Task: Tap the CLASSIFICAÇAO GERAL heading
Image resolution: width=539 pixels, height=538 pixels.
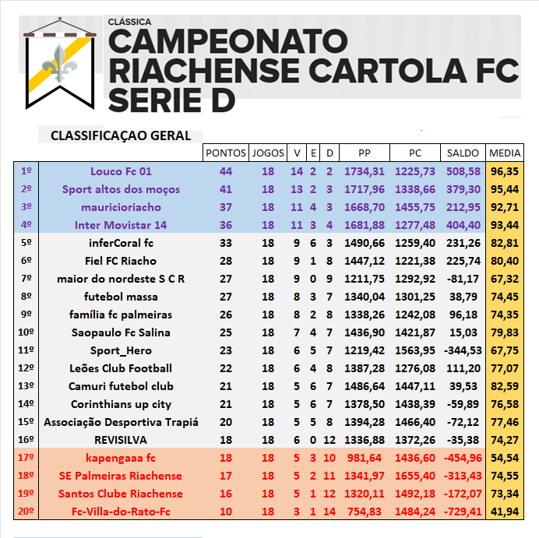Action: (121, 135)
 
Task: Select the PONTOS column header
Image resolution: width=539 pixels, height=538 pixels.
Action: (225, 153)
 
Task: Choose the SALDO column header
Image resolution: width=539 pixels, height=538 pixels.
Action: (463, 153)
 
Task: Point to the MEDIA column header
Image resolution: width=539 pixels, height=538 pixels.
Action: (505, 153)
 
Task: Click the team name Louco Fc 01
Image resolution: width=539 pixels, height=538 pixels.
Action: (121, 171)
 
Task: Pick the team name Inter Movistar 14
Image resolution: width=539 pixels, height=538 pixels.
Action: (121, 225)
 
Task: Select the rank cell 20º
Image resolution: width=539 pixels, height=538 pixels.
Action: (26, 512)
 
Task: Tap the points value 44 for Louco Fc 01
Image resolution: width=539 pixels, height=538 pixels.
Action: (226, 171)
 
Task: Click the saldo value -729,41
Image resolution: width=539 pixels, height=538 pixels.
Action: (463, 512)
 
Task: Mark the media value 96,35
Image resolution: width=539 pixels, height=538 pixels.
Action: (505, 171)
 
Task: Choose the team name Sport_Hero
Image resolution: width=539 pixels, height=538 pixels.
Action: (121, 350)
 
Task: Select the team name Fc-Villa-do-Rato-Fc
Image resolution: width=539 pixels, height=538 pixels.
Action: (121, 512)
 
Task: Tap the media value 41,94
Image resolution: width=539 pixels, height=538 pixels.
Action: (505, 512)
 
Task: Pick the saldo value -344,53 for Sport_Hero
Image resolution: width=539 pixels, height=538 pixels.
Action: (463, 350)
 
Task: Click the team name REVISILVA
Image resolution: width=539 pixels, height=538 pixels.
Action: (121, 440)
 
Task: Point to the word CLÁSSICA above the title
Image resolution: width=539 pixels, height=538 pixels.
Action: (130, 22)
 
